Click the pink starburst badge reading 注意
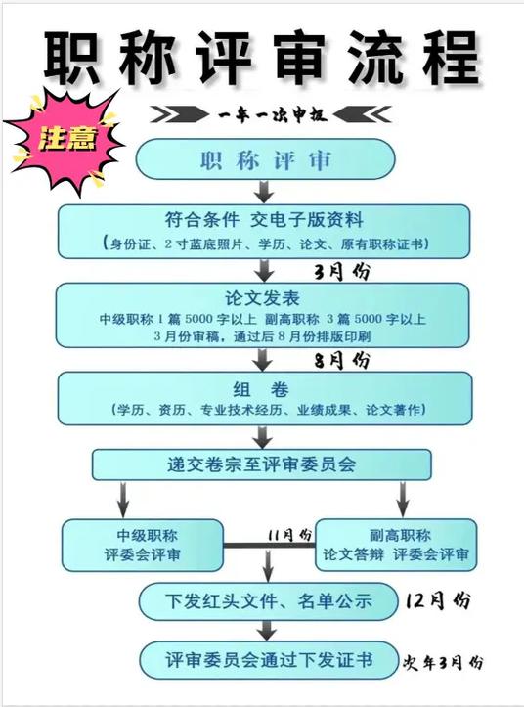tap(65, 139)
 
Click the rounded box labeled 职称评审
tap(266, 159)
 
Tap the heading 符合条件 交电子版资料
tap(264, 220)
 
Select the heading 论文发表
tap(262, 298)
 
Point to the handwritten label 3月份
tap(342, 272)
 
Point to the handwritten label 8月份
tap(342, 360)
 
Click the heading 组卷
tap(261, 389)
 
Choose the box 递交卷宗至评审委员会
tap(262, 464)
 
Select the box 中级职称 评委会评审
tap(143, 545)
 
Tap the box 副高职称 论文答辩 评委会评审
tap(396, 545)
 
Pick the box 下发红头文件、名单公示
tap(268, 601)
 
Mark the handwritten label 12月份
tap(437, 601)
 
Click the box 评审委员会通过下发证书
tap(269, 660)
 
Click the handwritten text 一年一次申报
tap(273, 115)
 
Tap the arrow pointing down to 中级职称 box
tap(123, 500)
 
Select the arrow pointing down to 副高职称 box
tap(403, 500)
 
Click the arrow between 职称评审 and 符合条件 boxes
tap(264, 192)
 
